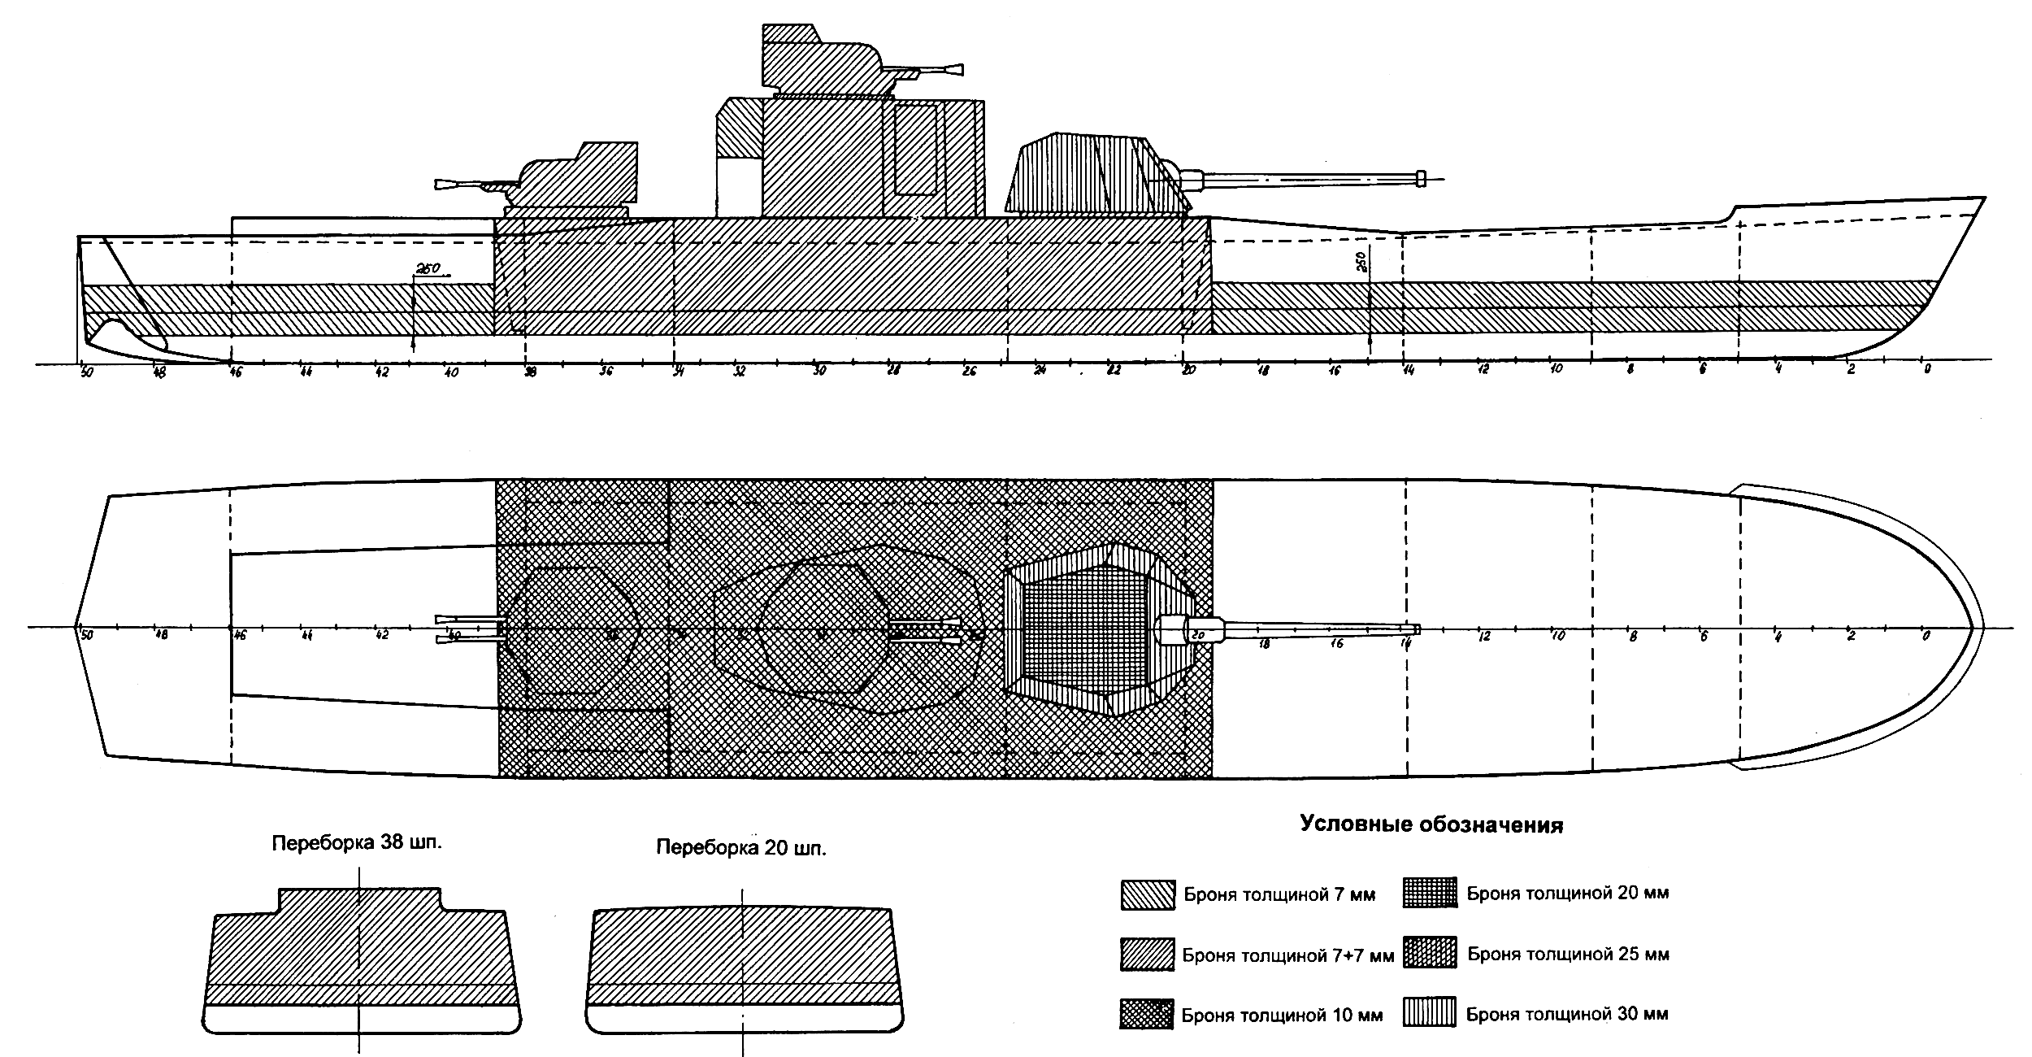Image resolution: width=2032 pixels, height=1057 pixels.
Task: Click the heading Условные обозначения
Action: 1431,825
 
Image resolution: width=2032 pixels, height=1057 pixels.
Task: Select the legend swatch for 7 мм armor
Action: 1147,894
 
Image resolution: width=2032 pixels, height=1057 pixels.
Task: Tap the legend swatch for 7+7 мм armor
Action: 1147,955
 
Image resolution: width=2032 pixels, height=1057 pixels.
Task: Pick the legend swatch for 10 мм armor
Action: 1146,1015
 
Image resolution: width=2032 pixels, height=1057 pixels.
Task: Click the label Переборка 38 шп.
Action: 357,842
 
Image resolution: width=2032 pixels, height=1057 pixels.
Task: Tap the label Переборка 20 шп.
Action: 740,848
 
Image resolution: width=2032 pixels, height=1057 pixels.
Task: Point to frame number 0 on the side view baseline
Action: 1926,370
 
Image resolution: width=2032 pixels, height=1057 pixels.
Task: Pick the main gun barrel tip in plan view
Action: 1416,629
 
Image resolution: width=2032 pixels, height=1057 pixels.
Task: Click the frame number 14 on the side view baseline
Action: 1408,372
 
